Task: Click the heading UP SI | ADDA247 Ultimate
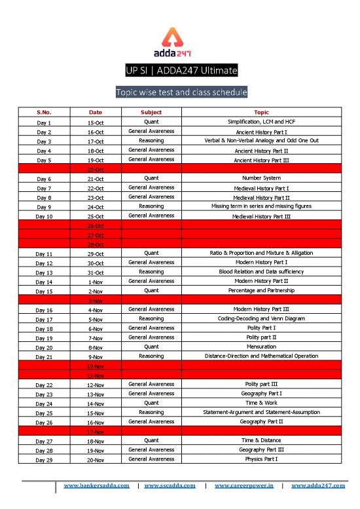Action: click(180, 71)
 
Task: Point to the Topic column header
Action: click(261, 113)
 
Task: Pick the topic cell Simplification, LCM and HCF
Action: click(261, 122)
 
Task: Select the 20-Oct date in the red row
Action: click(96, 169)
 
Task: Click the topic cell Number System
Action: click(261, 178)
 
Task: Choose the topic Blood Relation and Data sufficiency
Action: click(261, 271)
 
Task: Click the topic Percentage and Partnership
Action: click(261, 290)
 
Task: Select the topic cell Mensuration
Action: click(261, 347)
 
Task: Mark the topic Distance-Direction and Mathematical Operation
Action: click(261, 356)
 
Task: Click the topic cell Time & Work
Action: click(261, 403)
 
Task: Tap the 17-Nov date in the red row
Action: click(96, 432)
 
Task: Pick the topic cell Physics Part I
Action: click(261, 459)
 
